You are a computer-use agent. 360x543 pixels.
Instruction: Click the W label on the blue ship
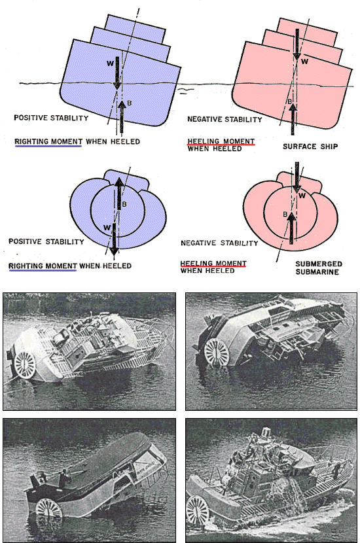pyautogui.click(x=110, y=63)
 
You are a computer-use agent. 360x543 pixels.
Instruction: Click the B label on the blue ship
pyautogui.click(x=129, y=103)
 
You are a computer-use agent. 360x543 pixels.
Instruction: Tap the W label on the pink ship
pyautogui.click(x=304, y=61)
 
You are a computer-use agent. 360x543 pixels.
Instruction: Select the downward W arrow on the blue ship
pyautogui.click(x=117, y=73)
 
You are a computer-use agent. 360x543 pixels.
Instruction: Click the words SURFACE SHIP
pyautogui.click(x=310, y=147)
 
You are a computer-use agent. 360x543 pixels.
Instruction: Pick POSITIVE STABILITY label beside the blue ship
pyautogui.click(x=51, y=118)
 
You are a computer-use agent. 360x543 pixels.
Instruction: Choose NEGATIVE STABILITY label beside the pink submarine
pyautogui.click(x=219, y=243)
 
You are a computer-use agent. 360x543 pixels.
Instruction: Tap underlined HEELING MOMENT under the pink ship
pyautogui.click(x=221, y=141)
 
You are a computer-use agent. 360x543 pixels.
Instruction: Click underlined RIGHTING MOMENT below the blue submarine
pyautogui.click(x=43, y=266)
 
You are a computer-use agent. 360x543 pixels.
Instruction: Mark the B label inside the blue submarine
pyautogui.click(x=125, y=204)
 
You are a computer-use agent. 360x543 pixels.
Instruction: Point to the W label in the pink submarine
pyautogui.click(x=302, y=196)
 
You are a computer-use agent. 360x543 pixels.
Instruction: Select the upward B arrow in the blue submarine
pyautogui.click(x=119, y=193)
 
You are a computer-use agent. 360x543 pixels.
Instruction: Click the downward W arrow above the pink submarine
pyautogui.click(x=297, y=177)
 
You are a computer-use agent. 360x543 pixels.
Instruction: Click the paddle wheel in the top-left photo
pyautogui.click(x=25, y=364)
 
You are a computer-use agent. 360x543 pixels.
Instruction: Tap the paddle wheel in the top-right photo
pyautogui.click(x=217, y=352)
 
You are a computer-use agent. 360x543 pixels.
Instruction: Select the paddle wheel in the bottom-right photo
pyautogui.click(x=198, y=512)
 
